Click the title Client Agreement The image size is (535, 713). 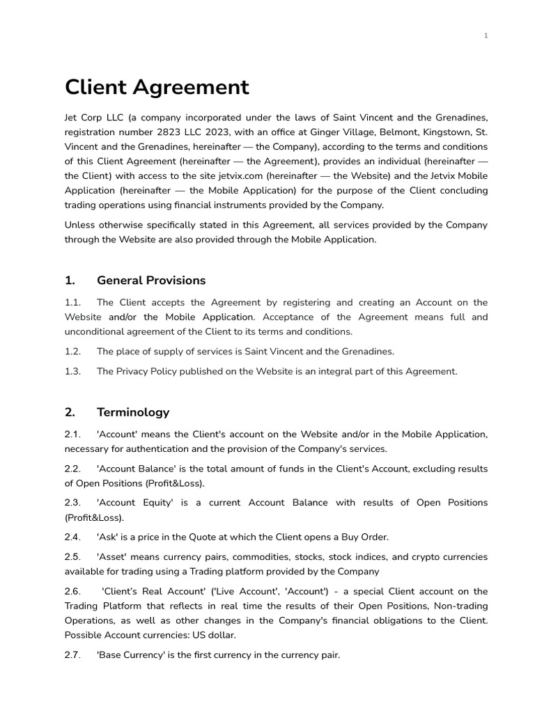(157, 88)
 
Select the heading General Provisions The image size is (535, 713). (151, 281)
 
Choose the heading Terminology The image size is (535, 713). (133, 412)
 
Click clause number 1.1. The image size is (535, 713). (73, 302)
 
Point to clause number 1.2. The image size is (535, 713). (73, 352)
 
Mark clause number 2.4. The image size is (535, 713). (73, 537)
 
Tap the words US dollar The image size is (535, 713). (216, 635)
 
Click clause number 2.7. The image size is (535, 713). (73, 655)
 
